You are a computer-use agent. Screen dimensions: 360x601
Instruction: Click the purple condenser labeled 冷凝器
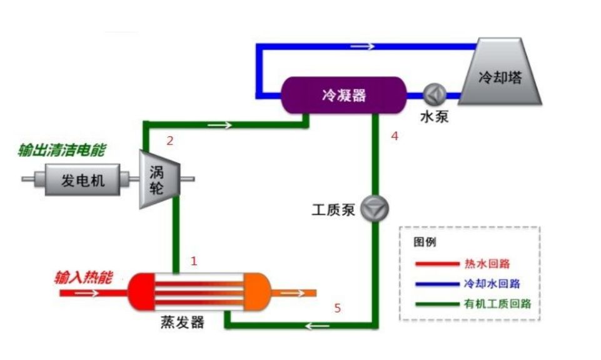[x=343, y=95]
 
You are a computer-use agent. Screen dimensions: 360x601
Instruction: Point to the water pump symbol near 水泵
[x=434, y=94]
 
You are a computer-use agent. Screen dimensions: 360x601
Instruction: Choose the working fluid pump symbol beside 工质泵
[x=375, y=209]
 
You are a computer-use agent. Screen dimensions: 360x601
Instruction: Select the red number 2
[x=169, y=141]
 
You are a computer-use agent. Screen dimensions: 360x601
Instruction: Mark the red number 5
[x=338, y=308]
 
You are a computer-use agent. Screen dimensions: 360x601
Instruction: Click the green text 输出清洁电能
[x=62, y=150]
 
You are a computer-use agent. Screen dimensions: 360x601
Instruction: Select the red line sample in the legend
[x=436, y=264]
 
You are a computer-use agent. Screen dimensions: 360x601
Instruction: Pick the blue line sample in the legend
[x=436, y=284]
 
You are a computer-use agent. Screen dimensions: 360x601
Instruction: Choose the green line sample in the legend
[x=436, y=304]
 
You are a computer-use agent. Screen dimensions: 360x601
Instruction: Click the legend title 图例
[x=425, y=242]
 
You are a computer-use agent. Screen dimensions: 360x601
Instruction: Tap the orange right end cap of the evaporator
[x=255, y=292]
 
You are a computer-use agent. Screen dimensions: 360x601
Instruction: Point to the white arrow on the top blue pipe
[x=363, y=46]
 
